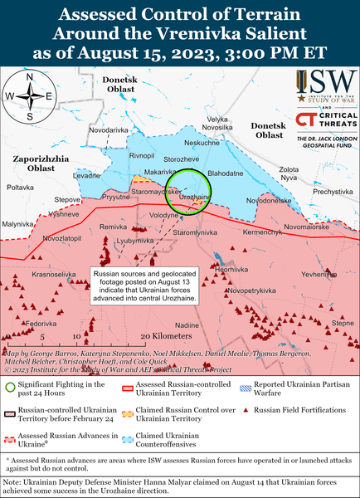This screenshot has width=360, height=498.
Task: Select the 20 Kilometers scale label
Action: tap(166, 335)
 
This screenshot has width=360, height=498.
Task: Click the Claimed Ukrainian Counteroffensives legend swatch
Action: tap(124, 437)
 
